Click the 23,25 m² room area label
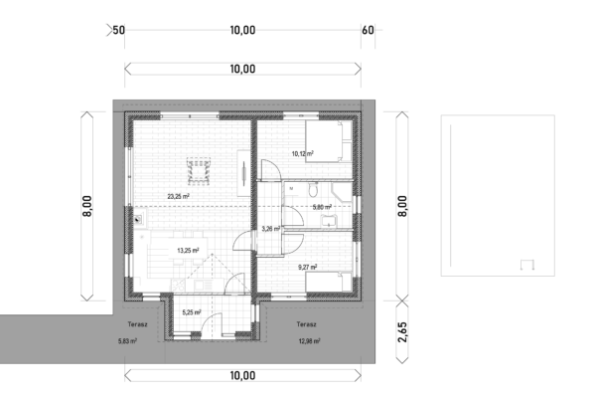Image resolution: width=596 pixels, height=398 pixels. click(x=178, y=197)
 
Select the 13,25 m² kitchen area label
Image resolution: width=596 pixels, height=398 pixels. click(x=188, y=251)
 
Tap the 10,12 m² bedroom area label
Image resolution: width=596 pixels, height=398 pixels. click(x=303, y=154)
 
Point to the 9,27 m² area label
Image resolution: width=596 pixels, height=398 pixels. click(x=308, y=267)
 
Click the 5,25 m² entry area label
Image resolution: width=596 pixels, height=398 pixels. click(x=192, y=312)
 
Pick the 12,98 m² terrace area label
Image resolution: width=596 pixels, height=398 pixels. click(x=309, y=341)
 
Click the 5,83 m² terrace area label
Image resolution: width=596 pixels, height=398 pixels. click(x=128, y=341)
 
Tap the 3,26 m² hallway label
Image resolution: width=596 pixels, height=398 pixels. click(x=271, y=229)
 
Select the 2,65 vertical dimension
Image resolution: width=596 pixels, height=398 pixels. click(x=402, y=332)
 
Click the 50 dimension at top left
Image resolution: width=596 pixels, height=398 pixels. click(x=118, y=30)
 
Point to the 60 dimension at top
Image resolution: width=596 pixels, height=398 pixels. click(x=368, y=30)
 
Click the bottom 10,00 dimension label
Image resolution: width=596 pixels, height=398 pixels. click(x=242, y=375)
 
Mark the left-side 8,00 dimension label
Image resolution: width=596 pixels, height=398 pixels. click(x=87, y=206)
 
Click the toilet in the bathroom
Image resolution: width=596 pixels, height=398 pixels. click(x=313, y=190)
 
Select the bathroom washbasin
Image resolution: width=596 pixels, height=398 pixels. click(x=329, y=221)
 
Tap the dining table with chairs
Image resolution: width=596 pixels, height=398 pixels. click(x=198, y=171)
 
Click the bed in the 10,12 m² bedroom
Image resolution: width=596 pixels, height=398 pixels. click(x=329, y=141)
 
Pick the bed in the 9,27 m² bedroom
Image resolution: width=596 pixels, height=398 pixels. click(x=329, y=282)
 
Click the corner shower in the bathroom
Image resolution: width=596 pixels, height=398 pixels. click(x=342, y=192)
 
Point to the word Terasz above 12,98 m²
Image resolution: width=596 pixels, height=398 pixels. click(x=306, y=324)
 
